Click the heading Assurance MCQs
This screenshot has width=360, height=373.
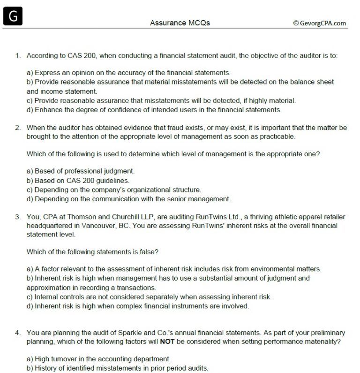pyautogui.click(x=180, y=23)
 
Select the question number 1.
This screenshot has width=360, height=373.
pyautogui.click(x=17, y=55)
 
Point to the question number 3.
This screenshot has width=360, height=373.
pyautogui.click(x=17, y=217)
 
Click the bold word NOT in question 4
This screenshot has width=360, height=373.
pyautogui.click(x=167, y=342)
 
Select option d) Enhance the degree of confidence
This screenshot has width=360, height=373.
pyautogui.click(x=154, y=110)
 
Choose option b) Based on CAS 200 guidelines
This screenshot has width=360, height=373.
pyautogui.click(x=78, y=180)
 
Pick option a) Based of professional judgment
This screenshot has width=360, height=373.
pyautogui.click(x=81, y=171)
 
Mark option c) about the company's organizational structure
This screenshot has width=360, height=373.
pyautogui.click(x=114, y=190)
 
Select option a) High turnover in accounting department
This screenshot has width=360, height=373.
pyautogui.click(x=98, y=359)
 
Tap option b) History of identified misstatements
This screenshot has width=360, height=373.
pyautogui.click(x=117, y=368)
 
